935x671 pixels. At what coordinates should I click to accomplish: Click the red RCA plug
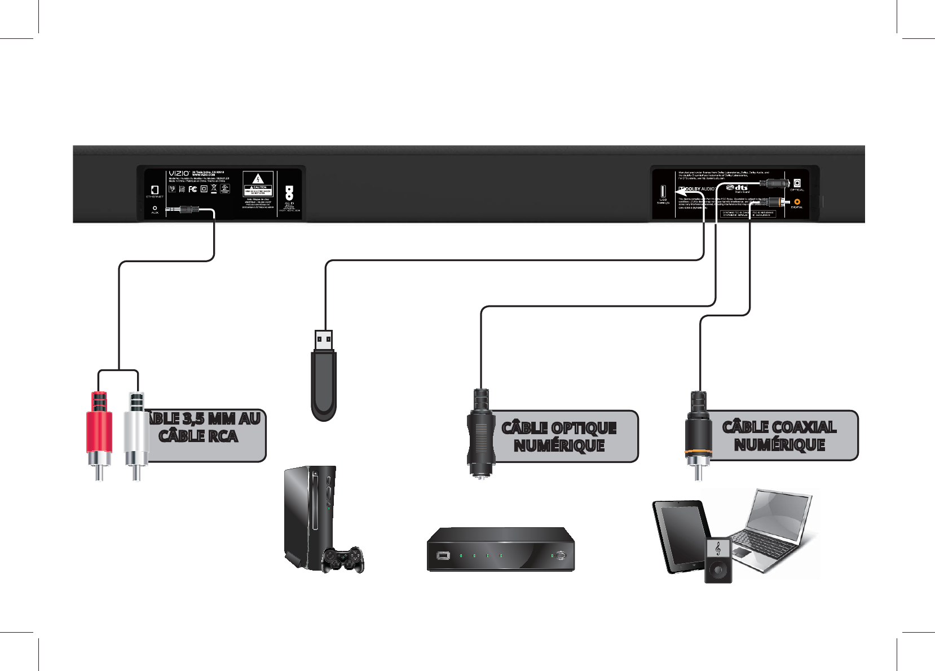click(99, 431)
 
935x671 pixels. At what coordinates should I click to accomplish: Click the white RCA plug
click(136, 431)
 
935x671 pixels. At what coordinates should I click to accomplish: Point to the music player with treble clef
click(718, 560)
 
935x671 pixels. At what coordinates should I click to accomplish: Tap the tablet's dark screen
click(681, 536)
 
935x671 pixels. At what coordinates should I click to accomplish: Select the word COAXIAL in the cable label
click(800, 427)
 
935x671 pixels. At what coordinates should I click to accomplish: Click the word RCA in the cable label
click(223, 436)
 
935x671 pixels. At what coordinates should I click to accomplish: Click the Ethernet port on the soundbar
click(155, 190)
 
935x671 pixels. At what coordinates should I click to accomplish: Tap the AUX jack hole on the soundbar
click(155, 208)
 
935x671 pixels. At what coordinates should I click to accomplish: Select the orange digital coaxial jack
click(797, 201)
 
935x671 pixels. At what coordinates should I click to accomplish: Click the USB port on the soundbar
click(663, 191)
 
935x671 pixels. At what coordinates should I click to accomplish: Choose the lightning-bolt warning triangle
click(258, 179)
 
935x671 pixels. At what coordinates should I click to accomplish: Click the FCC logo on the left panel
click(192, 189)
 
